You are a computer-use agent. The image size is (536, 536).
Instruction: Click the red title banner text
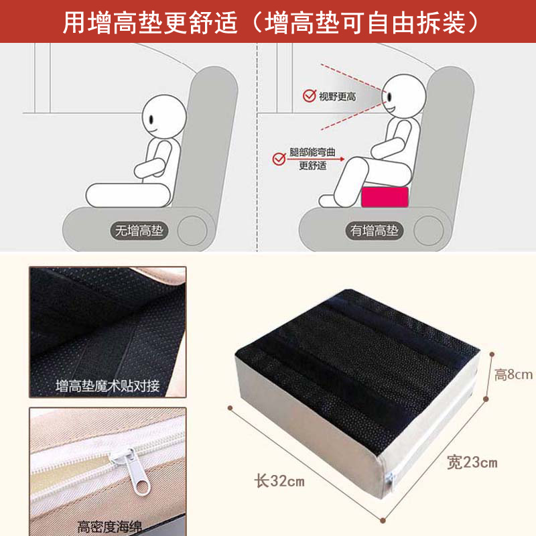(268, 21)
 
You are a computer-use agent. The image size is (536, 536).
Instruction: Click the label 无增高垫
(139, 232)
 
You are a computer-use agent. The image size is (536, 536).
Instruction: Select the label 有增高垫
(375, 232)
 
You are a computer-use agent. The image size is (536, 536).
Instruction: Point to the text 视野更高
(337, 96)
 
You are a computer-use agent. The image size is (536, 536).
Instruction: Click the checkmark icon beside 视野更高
(309, 96)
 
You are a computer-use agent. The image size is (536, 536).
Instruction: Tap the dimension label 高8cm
(513, 374)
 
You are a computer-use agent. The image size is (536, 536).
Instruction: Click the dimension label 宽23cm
(472, 462)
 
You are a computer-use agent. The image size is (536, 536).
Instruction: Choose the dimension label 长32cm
(279, 480)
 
